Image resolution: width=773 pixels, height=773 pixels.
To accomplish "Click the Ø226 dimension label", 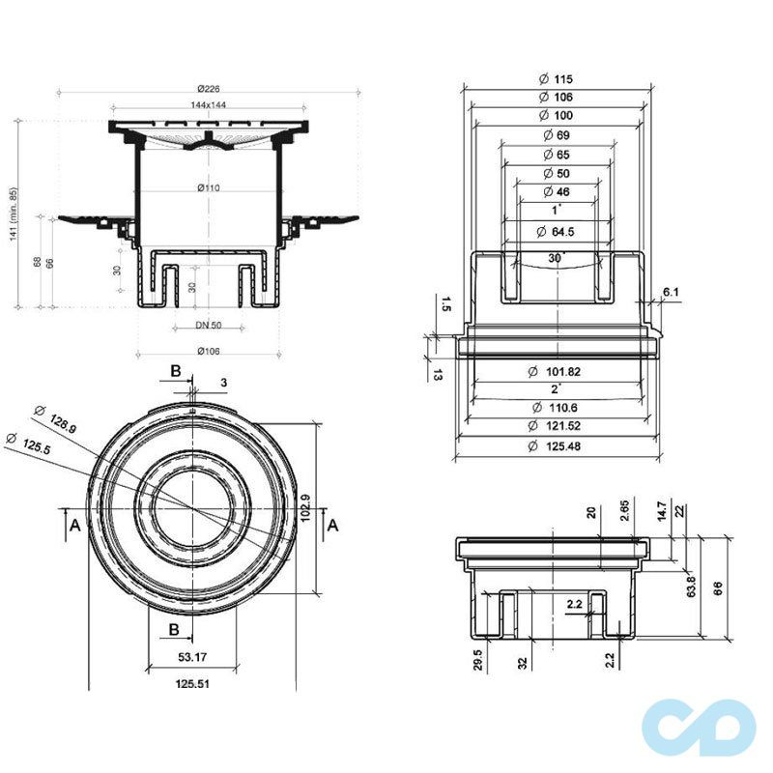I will [x=206, y=89].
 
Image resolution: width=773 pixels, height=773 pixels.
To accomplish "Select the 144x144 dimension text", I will [x=206, y=103].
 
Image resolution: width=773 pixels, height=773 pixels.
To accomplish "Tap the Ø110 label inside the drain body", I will [x=207, y=187].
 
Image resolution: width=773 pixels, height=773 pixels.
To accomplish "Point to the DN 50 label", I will [x=209, y=326].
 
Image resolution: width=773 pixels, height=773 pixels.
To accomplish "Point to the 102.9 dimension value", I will [x=305, y=507].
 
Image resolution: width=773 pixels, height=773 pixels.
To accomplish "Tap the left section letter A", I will [x=73, y=524].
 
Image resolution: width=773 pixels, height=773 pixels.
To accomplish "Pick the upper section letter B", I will [x=175, y=371].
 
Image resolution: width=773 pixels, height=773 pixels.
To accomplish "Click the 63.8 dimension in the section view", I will [x=691, y=587].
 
